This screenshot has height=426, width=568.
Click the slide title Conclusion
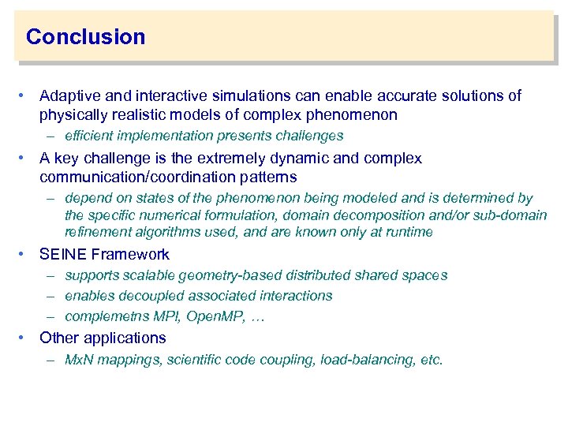click(85, 37)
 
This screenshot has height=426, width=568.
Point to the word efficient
click(91, 136)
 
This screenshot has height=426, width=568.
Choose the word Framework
click(130, 255)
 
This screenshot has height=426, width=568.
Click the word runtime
click(409, 232)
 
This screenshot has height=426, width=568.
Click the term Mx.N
click(80, 360)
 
